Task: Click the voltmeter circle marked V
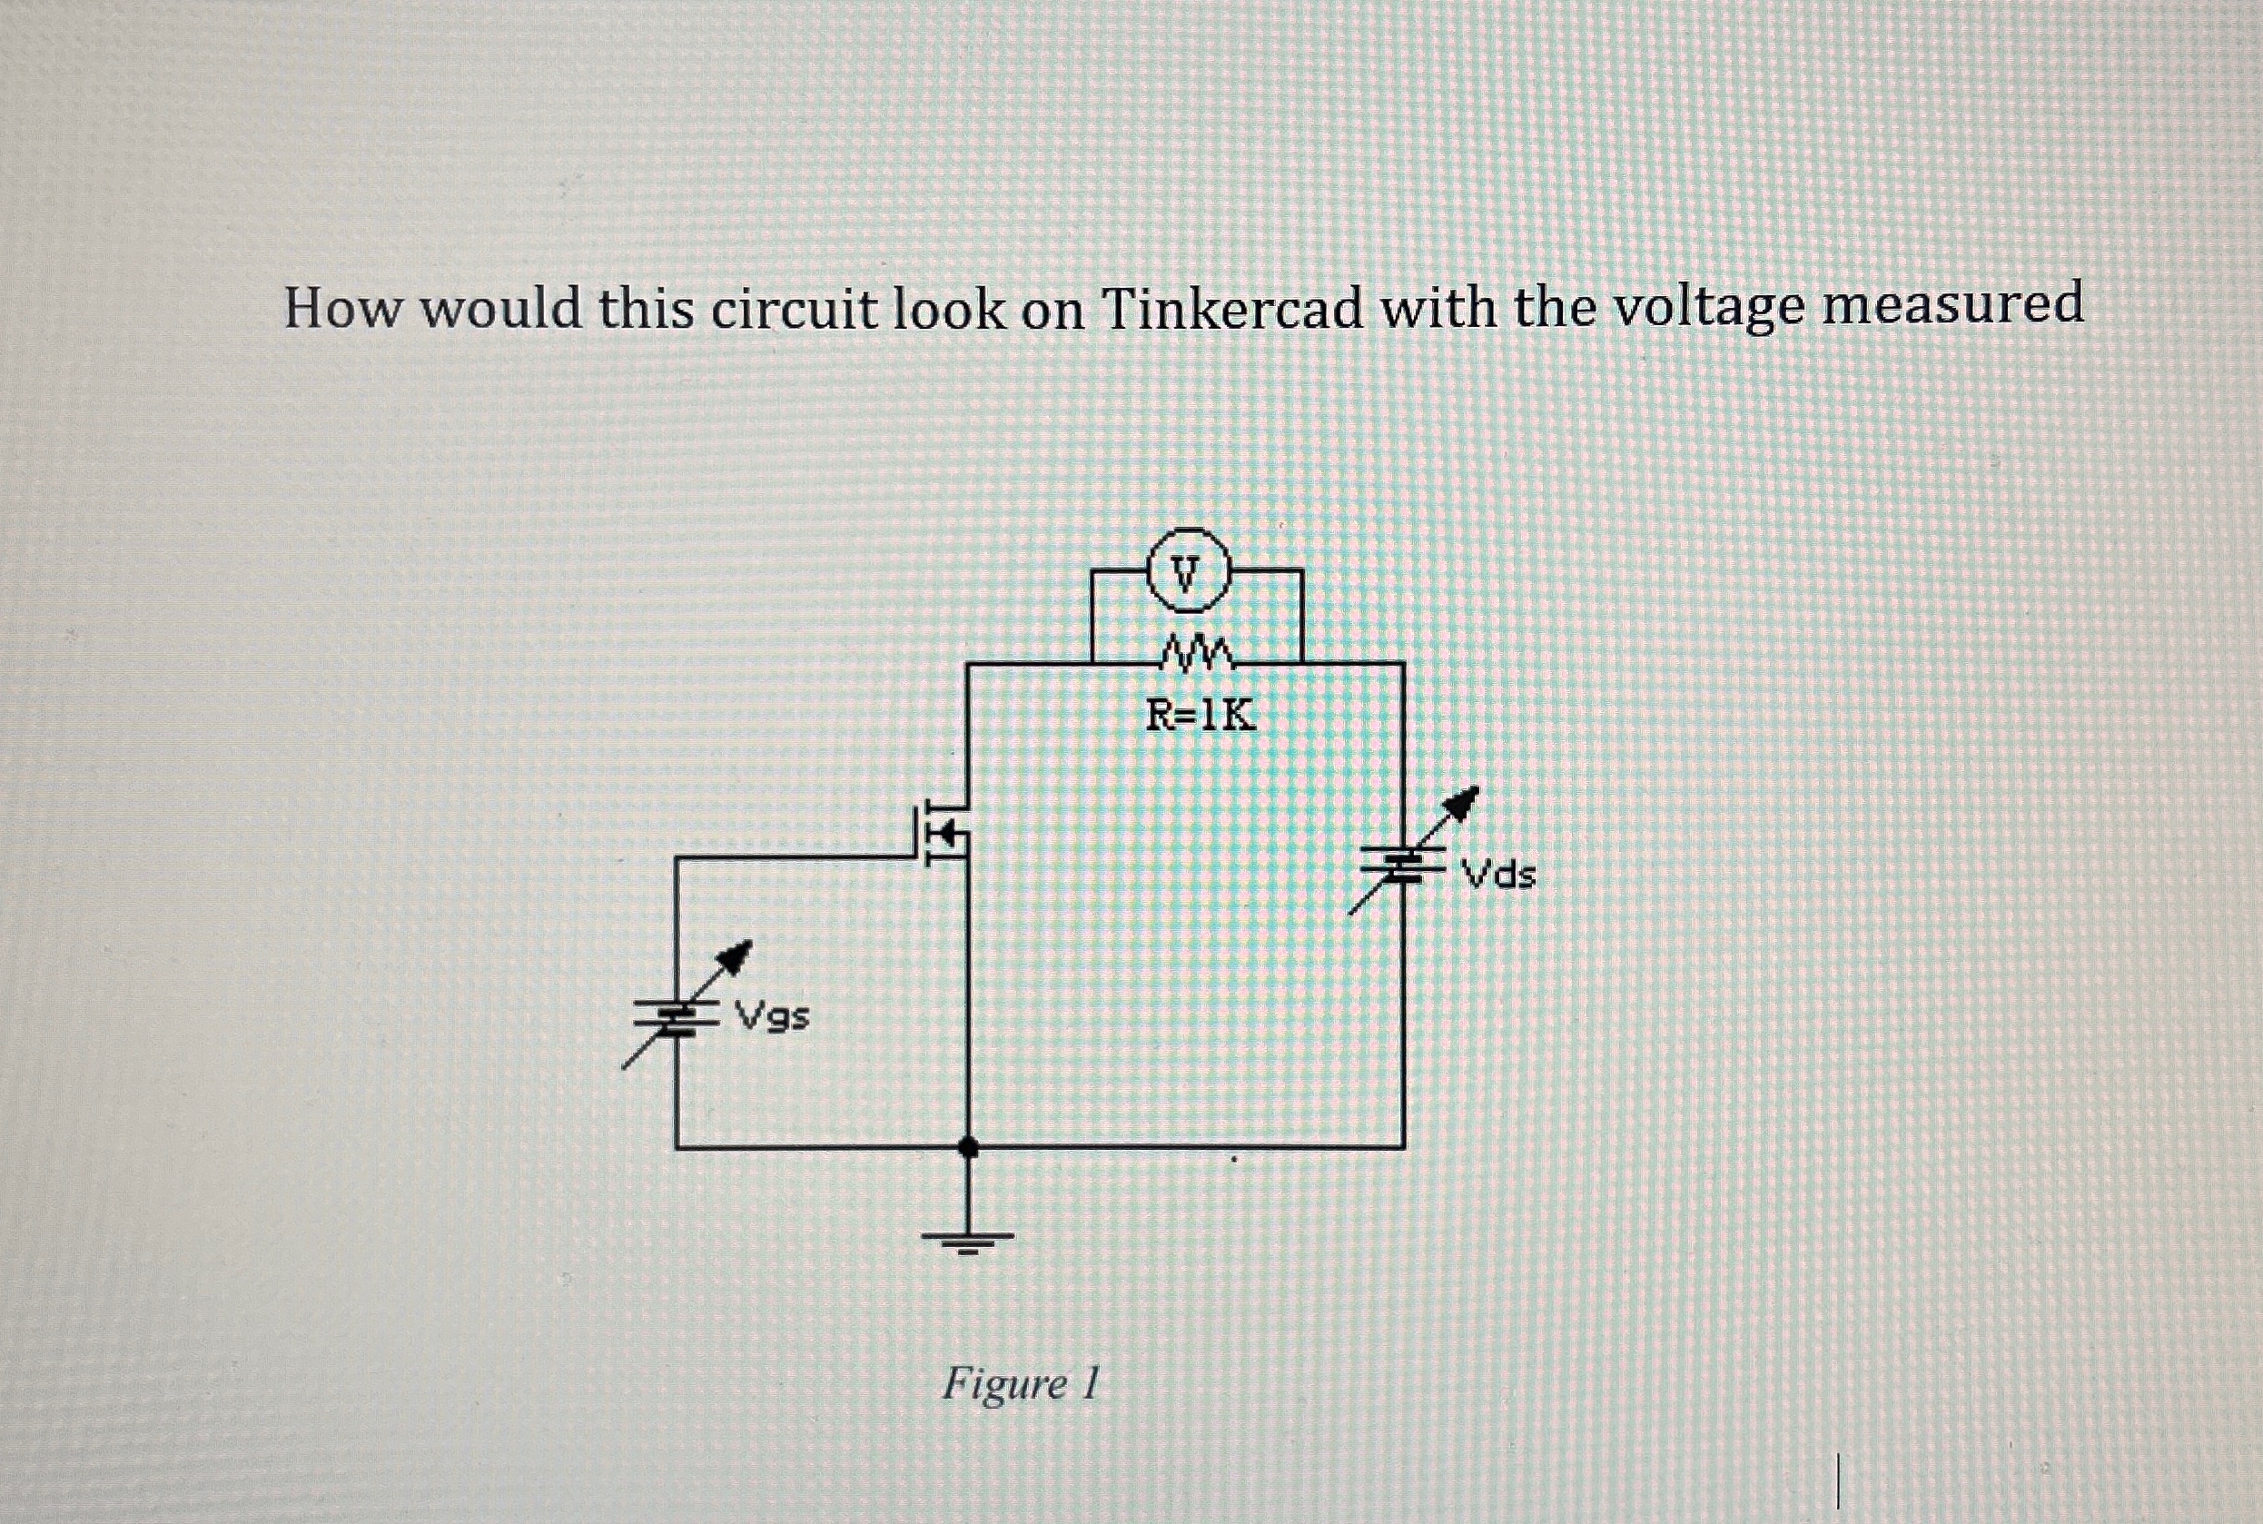coord(1190,571)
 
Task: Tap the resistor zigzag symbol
coord(1198,655)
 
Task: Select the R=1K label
coord(1200,717)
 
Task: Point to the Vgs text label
coord(773,1017)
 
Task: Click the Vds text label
coord(1500,876)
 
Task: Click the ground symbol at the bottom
coord(968,1239)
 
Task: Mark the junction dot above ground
coord(968,1147)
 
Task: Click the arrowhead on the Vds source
coord(1463,803)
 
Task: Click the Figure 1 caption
coord(1020,1383)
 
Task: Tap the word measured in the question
coord(1952,304)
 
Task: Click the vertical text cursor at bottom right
coord(1837,1480)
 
